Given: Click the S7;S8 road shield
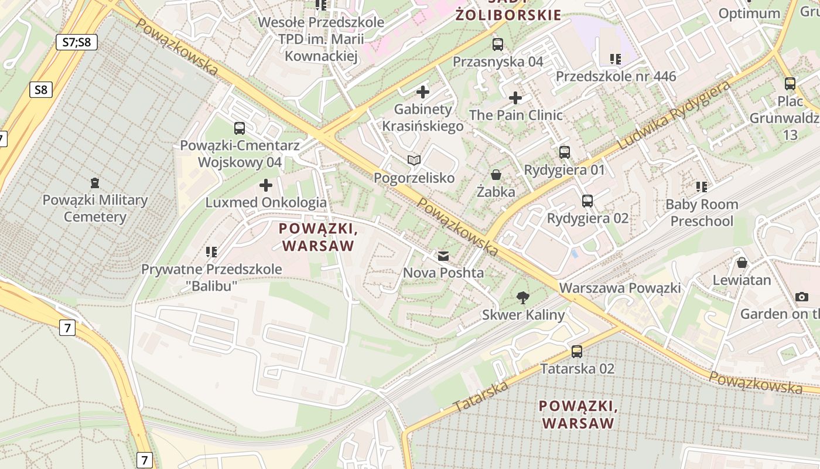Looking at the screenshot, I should point(77,42).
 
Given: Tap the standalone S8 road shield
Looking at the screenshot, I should point(40,90).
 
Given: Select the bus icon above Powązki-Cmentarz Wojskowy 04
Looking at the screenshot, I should point(239,128).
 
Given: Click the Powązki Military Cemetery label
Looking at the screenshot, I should point(95,208).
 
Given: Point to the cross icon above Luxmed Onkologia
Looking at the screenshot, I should point(266,186).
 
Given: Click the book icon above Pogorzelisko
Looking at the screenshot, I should point(414,160).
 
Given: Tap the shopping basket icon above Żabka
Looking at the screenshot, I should point(496,175).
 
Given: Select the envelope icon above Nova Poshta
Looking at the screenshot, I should point(443,256).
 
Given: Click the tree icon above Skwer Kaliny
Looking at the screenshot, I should point(522,298).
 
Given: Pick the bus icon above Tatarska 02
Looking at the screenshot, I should point(577,352).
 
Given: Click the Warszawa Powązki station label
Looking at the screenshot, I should point(620,288).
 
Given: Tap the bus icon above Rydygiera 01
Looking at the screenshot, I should point(565,152).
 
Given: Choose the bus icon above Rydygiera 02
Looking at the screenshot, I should point(587,201).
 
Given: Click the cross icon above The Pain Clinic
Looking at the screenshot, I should point(515,98).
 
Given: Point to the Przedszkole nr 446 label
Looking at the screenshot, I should point(616,76).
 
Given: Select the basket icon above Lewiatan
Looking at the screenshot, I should point(742,263).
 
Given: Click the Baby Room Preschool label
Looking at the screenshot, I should point(702,213).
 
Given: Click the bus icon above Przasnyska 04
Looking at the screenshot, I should point(498,44).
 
